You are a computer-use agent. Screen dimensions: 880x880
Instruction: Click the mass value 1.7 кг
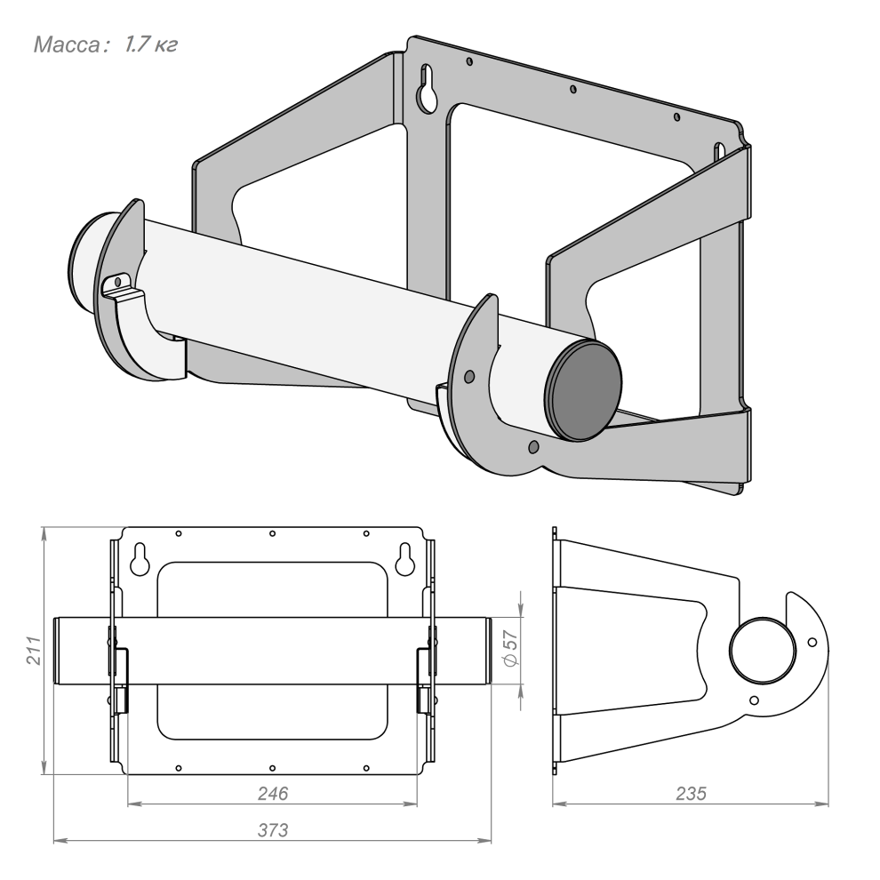[x=151, y=44]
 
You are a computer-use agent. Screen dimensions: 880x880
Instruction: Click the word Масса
[x=67, y=44]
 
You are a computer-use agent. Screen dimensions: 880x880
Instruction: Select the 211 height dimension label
[x=35, y=651]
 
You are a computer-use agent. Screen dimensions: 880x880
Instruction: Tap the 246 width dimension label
[x=273, y=793]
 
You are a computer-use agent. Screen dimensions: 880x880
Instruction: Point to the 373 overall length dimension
[x=273, y=829]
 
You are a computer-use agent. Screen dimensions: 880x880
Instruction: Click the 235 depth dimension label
[x=691, y=793]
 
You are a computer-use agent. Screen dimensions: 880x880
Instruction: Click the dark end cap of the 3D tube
[x=585, y=390]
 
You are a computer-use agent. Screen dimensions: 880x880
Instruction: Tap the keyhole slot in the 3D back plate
[x=428, y=89]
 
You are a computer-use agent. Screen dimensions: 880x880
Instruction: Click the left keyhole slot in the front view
[x=140, y=559]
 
